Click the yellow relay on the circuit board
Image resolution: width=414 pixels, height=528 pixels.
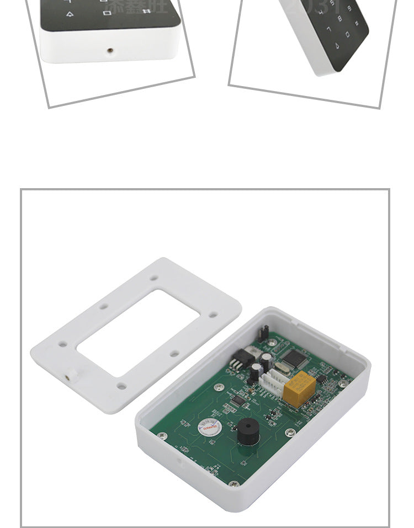[x=300, y=390]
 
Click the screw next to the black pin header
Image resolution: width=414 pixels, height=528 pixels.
[x=272, y=343]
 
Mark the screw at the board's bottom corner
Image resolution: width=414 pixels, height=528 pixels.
[x=234, y=484]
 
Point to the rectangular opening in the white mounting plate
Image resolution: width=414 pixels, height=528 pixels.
[x=138, y=333]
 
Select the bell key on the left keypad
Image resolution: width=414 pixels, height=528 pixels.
[x=69, y=15]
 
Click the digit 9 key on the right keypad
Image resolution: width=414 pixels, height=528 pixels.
[x=349, y=8]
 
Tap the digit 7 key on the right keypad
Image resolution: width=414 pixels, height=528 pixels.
[x=329, y=28]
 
